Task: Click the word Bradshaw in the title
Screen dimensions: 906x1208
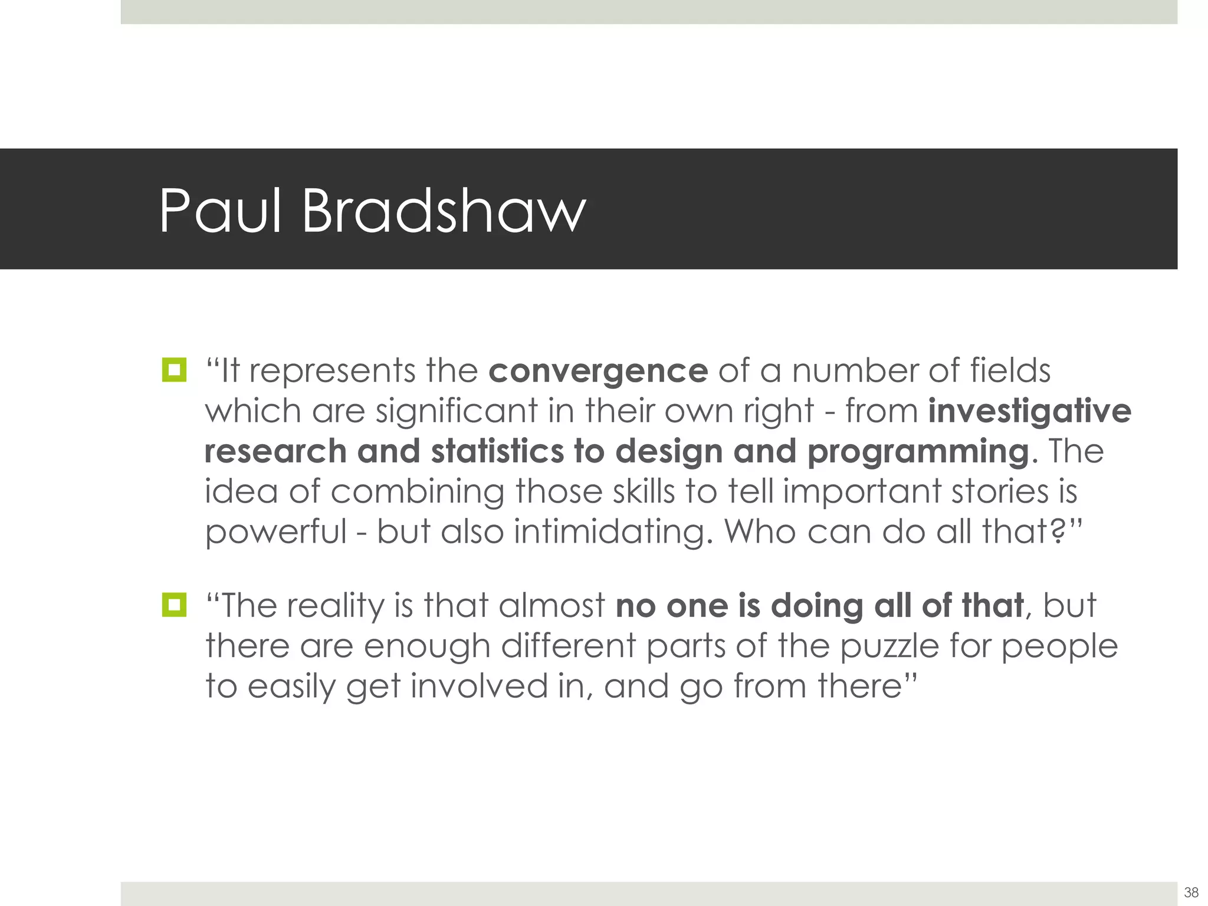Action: coord(444,211)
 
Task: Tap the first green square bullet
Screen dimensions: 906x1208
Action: coord(174,370)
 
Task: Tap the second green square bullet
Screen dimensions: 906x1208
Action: coord(174,605)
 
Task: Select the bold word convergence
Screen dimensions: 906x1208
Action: coord(598,372)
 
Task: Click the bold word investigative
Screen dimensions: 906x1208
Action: coord(1029,412)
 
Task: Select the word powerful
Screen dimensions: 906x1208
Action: coord(275,532)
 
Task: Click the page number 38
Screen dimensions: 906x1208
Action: coord(1191,892)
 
